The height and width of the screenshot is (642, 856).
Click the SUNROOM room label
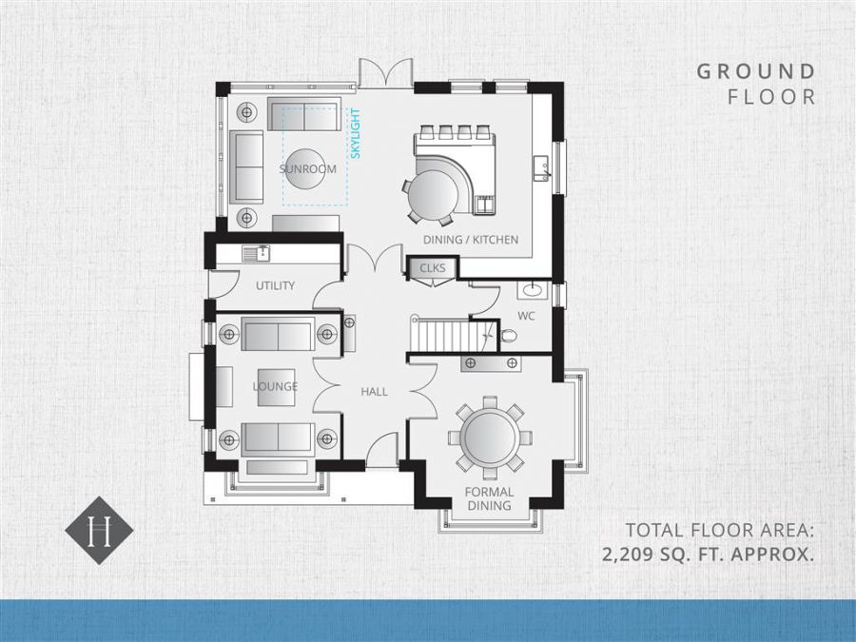[308, 168]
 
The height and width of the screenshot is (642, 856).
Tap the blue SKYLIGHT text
[356, 134]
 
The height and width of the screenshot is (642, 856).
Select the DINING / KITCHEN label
[471, 240]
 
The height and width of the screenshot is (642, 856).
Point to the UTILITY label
[275, 285]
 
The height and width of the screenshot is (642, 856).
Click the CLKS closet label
[433, 268]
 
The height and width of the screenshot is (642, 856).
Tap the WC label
[526, 316]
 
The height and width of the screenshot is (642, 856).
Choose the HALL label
[374, 392]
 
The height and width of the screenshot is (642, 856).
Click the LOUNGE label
[275, 386]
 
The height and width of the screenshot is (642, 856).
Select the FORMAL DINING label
[489, 499]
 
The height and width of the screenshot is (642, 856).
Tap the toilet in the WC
[507, 335]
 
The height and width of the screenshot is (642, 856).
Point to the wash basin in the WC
[531, 290]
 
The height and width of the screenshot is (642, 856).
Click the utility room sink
[256, 253]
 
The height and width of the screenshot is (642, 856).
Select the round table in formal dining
[490, 438]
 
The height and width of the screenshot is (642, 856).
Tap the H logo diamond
[99, 530]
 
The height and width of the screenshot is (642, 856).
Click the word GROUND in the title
[756, 71]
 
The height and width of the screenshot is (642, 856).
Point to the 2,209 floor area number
[629, 554]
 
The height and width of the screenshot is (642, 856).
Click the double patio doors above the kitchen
[385, 72]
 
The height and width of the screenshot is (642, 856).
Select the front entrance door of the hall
[381, 449]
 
